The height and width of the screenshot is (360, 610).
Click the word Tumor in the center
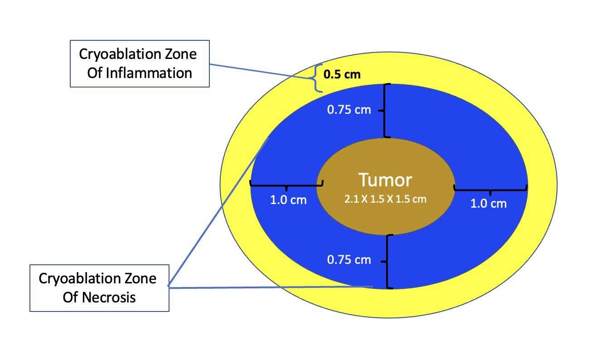(x=385, y=180)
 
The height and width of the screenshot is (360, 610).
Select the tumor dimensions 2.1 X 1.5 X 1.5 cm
(x=385, y=199)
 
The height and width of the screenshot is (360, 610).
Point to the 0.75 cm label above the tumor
(x=349, y=110)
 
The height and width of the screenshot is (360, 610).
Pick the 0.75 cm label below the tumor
(x=349, y=260)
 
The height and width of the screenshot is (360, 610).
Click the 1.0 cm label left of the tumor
(x=288, y=199)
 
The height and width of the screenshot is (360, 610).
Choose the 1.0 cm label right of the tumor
(x=489, y=203)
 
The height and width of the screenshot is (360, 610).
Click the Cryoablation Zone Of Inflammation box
(x=139, y=63)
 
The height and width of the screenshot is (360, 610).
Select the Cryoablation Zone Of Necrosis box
(x=99, y=288)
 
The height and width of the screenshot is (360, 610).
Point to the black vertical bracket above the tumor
(x=385, y=110)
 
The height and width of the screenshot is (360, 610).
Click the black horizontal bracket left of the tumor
(x=286, y=185)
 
